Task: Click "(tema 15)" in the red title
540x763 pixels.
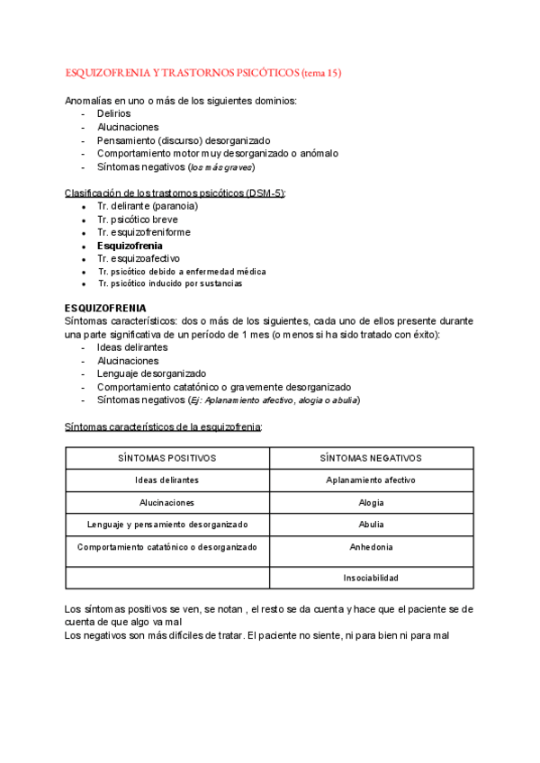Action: click(x=321, y=72)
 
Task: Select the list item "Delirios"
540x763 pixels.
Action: click(x=113, y=114)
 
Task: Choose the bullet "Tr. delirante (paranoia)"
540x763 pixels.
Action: click(x=148, y=206)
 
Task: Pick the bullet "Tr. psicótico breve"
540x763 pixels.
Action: click(x=138, y=220)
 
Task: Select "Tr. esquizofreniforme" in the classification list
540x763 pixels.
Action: click(x=144, y=232)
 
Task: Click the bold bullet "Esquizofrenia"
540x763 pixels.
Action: click(x=130, y=245)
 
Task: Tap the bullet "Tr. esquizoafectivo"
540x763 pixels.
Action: click(x=139, y=258)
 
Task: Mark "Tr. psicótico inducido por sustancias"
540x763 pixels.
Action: click(x=170, y=283)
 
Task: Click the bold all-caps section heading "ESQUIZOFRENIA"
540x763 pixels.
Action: click(x=107, y=308)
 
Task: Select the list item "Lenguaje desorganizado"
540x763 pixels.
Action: click(x=151, y=373)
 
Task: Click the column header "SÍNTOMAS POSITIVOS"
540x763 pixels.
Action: click(x=167, y=458)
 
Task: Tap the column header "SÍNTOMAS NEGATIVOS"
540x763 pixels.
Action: click(x=371, y=458)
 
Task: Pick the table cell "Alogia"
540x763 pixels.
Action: click(x=371, y=502)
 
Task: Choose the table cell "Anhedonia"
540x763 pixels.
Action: click(x=371, y=547)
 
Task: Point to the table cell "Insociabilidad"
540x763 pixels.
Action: click(x=371, y=578)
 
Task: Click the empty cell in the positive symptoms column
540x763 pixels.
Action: click(x=167, y=578)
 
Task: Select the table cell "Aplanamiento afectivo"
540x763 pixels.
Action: click(x=371, y=480)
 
